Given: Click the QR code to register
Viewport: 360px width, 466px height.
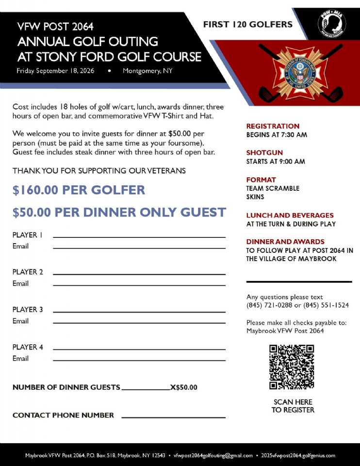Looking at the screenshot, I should point(292,366).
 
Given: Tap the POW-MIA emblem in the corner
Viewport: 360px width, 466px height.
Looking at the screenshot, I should point(332,22).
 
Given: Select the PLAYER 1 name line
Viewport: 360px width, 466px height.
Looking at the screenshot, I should point(139,236).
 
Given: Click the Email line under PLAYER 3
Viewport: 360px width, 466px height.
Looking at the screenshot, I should point(139,322).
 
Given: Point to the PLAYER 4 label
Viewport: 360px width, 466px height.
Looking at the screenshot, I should point(28,347).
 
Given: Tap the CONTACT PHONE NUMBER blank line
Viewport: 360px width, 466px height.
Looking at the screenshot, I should point(173,417).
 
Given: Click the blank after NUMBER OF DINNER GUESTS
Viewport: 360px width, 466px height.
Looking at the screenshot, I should point(146,389).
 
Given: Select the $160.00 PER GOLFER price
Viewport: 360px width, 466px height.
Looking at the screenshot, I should point(79,190).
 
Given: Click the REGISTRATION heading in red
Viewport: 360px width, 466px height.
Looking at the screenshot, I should point(273,126).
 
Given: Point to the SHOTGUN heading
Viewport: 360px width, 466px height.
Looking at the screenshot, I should point(264,153).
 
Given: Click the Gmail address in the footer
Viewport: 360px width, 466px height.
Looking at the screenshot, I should point(213,456).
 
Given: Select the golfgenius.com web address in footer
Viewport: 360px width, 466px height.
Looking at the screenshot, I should point(297,456).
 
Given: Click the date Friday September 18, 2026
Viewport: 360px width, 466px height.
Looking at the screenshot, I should point(55,71).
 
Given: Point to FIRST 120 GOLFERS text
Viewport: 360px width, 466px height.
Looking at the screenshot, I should point(247,24).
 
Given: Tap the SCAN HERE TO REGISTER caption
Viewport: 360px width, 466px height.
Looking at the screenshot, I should point(293,406).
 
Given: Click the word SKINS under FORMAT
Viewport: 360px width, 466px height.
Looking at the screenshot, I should point(255,197).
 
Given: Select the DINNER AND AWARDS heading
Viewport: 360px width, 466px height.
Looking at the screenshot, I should point(285,242).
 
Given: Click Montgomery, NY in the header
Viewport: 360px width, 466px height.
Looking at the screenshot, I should point(147,71).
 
